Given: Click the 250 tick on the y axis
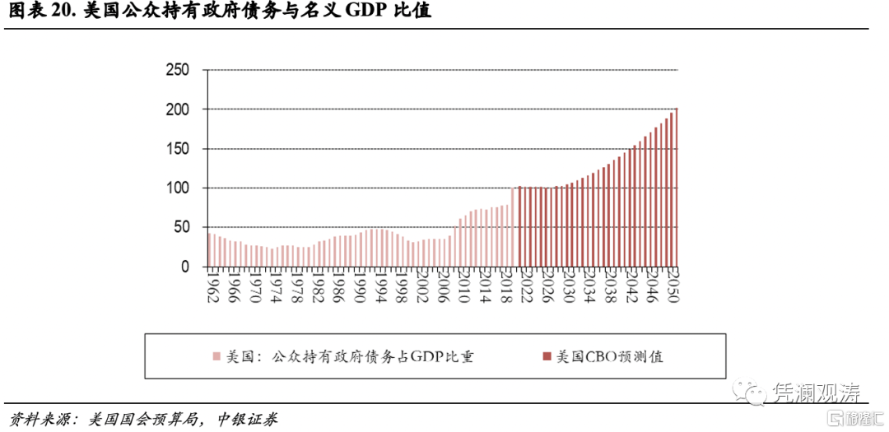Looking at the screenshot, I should coord(178,70).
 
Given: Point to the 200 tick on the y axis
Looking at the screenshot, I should coord(178,109).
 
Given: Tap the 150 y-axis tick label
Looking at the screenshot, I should coord(178,149).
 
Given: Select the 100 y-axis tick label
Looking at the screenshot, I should coord(178,188).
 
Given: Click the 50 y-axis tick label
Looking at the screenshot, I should coord(182,228).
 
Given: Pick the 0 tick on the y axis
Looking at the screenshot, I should coord(185,267).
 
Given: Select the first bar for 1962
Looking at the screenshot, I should coord(210,250).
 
